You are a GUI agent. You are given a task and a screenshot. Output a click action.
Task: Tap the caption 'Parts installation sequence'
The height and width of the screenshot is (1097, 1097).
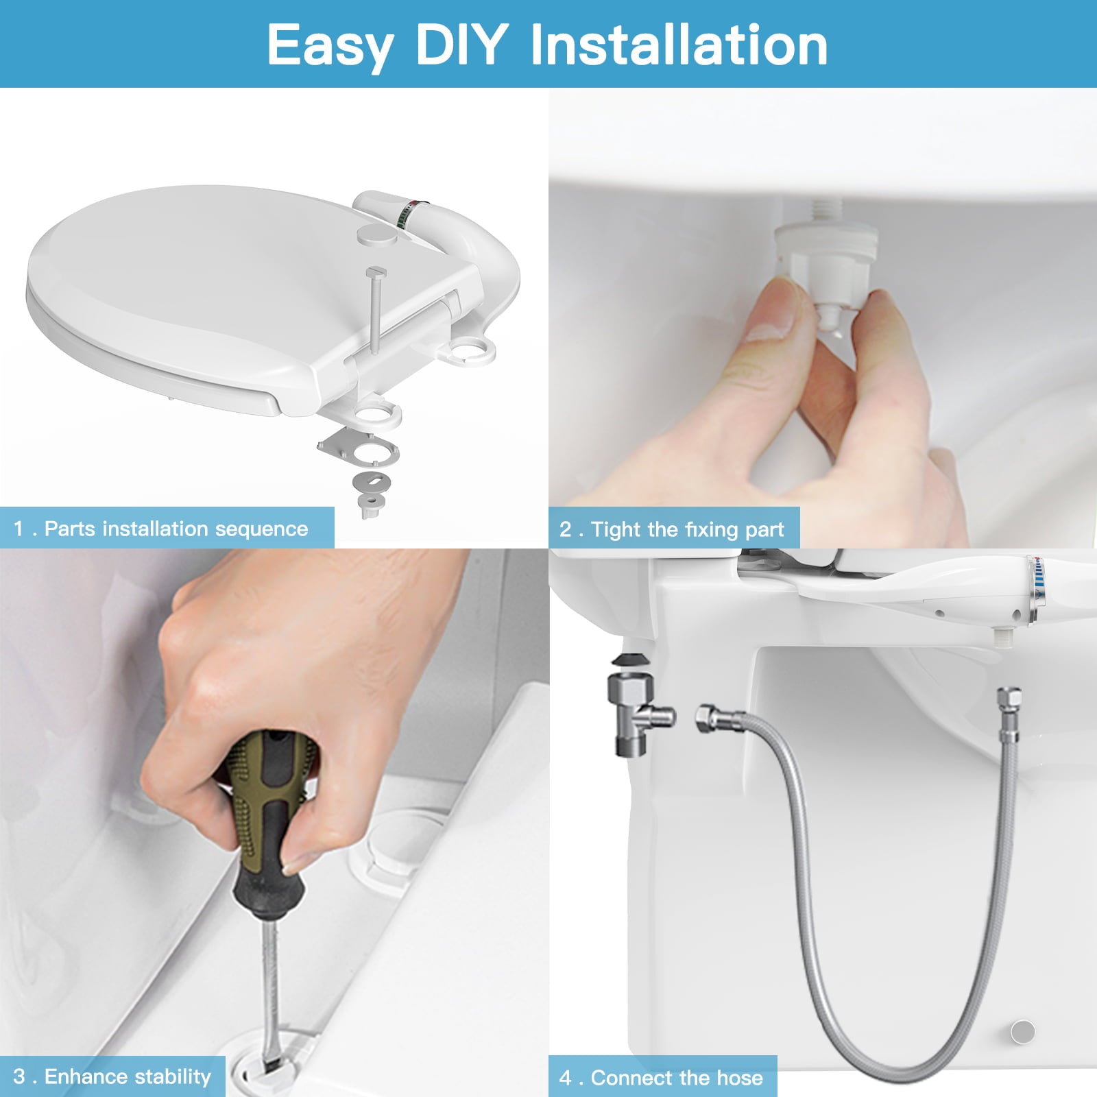[176, 529]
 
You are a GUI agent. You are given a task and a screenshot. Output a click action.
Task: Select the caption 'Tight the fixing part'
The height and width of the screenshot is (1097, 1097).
[687, 529]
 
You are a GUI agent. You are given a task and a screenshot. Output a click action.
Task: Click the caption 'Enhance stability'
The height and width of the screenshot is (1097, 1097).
[128, 1076]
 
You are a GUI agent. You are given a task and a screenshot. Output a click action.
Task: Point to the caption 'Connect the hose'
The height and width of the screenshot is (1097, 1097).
[676, 1078]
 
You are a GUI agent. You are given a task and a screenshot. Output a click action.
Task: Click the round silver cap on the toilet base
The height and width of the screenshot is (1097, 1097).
[1023, 1030]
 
